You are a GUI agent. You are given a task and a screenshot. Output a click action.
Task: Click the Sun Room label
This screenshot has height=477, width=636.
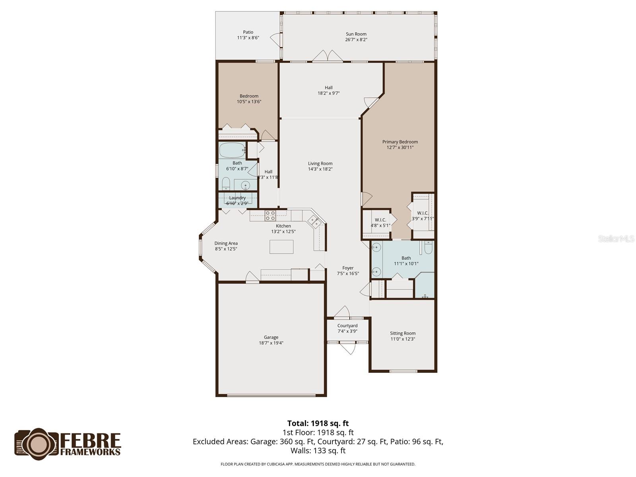tap(356, 34)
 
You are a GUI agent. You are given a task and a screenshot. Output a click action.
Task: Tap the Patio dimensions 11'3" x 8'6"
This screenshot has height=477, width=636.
tap(248, 38)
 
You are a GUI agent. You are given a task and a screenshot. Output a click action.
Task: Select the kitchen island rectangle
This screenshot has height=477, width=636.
tap(281, 247)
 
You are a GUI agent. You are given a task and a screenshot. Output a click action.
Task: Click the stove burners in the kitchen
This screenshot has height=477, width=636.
tap(270, 216)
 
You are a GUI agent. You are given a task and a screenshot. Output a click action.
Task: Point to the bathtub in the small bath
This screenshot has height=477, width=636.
tap(232, 150)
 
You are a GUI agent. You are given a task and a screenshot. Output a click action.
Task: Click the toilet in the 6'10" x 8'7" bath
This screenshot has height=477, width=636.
tap(226, 184)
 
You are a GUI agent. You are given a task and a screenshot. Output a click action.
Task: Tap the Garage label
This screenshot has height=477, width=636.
tap(271, 337)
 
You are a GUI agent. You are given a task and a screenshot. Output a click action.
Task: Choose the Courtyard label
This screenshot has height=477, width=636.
tap(347, 326)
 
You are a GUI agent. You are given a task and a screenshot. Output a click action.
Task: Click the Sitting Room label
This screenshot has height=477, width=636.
tap(403, 333)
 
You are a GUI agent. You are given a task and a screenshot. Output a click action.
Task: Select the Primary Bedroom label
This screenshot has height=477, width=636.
tap(400, 142)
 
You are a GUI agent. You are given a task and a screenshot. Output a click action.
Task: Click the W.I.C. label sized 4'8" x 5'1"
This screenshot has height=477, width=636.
tap(380, 220)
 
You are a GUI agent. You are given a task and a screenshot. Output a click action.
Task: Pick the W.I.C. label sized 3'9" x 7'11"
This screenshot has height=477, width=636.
tap(423, 213)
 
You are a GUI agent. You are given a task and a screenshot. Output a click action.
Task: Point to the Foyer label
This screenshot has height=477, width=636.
tap(348, 268)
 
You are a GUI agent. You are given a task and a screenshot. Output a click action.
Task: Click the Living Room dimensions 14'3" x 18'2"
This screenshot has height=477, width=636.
tap(320, 169)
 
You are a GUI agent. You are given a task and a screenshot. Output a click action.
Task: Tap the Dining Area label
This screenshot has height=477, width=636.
tap(226, 243)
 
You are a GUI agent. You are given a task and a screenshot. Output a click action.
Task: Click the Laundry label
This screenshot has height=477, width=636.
tap(237, 198)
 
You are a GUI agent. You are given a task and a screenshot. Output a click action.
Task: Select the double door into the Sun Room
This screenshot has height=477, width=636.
tap(327, 56)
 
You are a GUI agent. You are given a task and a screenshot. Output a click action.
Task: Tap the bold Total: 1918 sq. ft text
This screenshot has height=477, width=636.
tap(318, 423)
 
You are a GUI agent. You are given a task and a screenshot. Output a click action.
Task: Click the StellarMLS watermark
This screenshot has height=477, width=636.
tap(616, 238)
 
